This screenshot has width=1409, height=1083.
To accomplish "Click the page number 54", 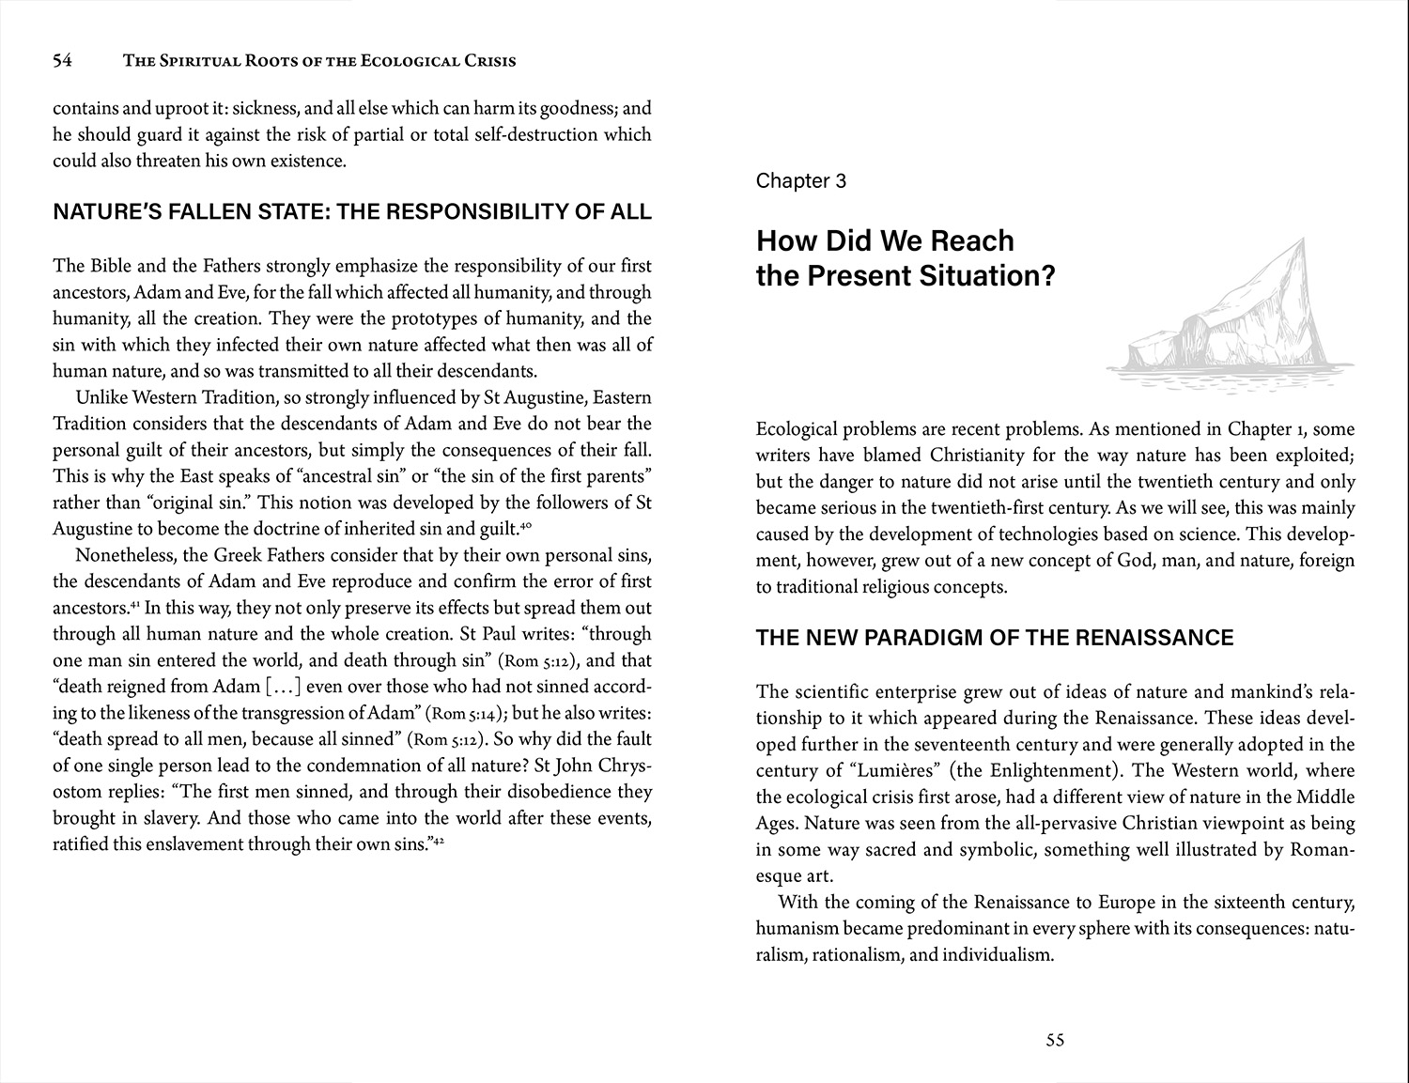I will (62, 61).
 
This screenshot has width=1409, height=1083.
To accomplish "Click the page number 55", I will (1055, 1040).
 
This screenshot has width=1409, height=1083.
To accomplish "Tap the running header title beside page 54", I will (319, 61).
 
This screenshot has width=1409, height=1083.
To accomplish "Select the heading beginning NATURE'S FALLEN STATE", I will (352, 211).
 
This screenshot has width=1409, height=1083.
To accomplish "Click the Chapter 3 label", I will (800, 180).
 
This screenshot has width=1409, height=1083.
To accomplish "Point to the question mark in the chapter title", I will (1048, 276).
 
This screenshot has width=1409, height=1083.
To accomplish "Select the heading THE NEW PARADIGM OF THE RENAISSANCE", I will (995, 638).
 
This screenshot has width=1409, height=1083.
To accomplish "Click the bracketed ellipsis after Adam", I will (284, 687).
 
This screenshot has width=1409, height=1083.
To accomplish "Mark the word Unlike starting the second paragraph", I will (101, 397).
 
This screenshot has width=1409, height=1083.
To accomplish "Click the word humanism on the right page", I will (797, 929).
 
